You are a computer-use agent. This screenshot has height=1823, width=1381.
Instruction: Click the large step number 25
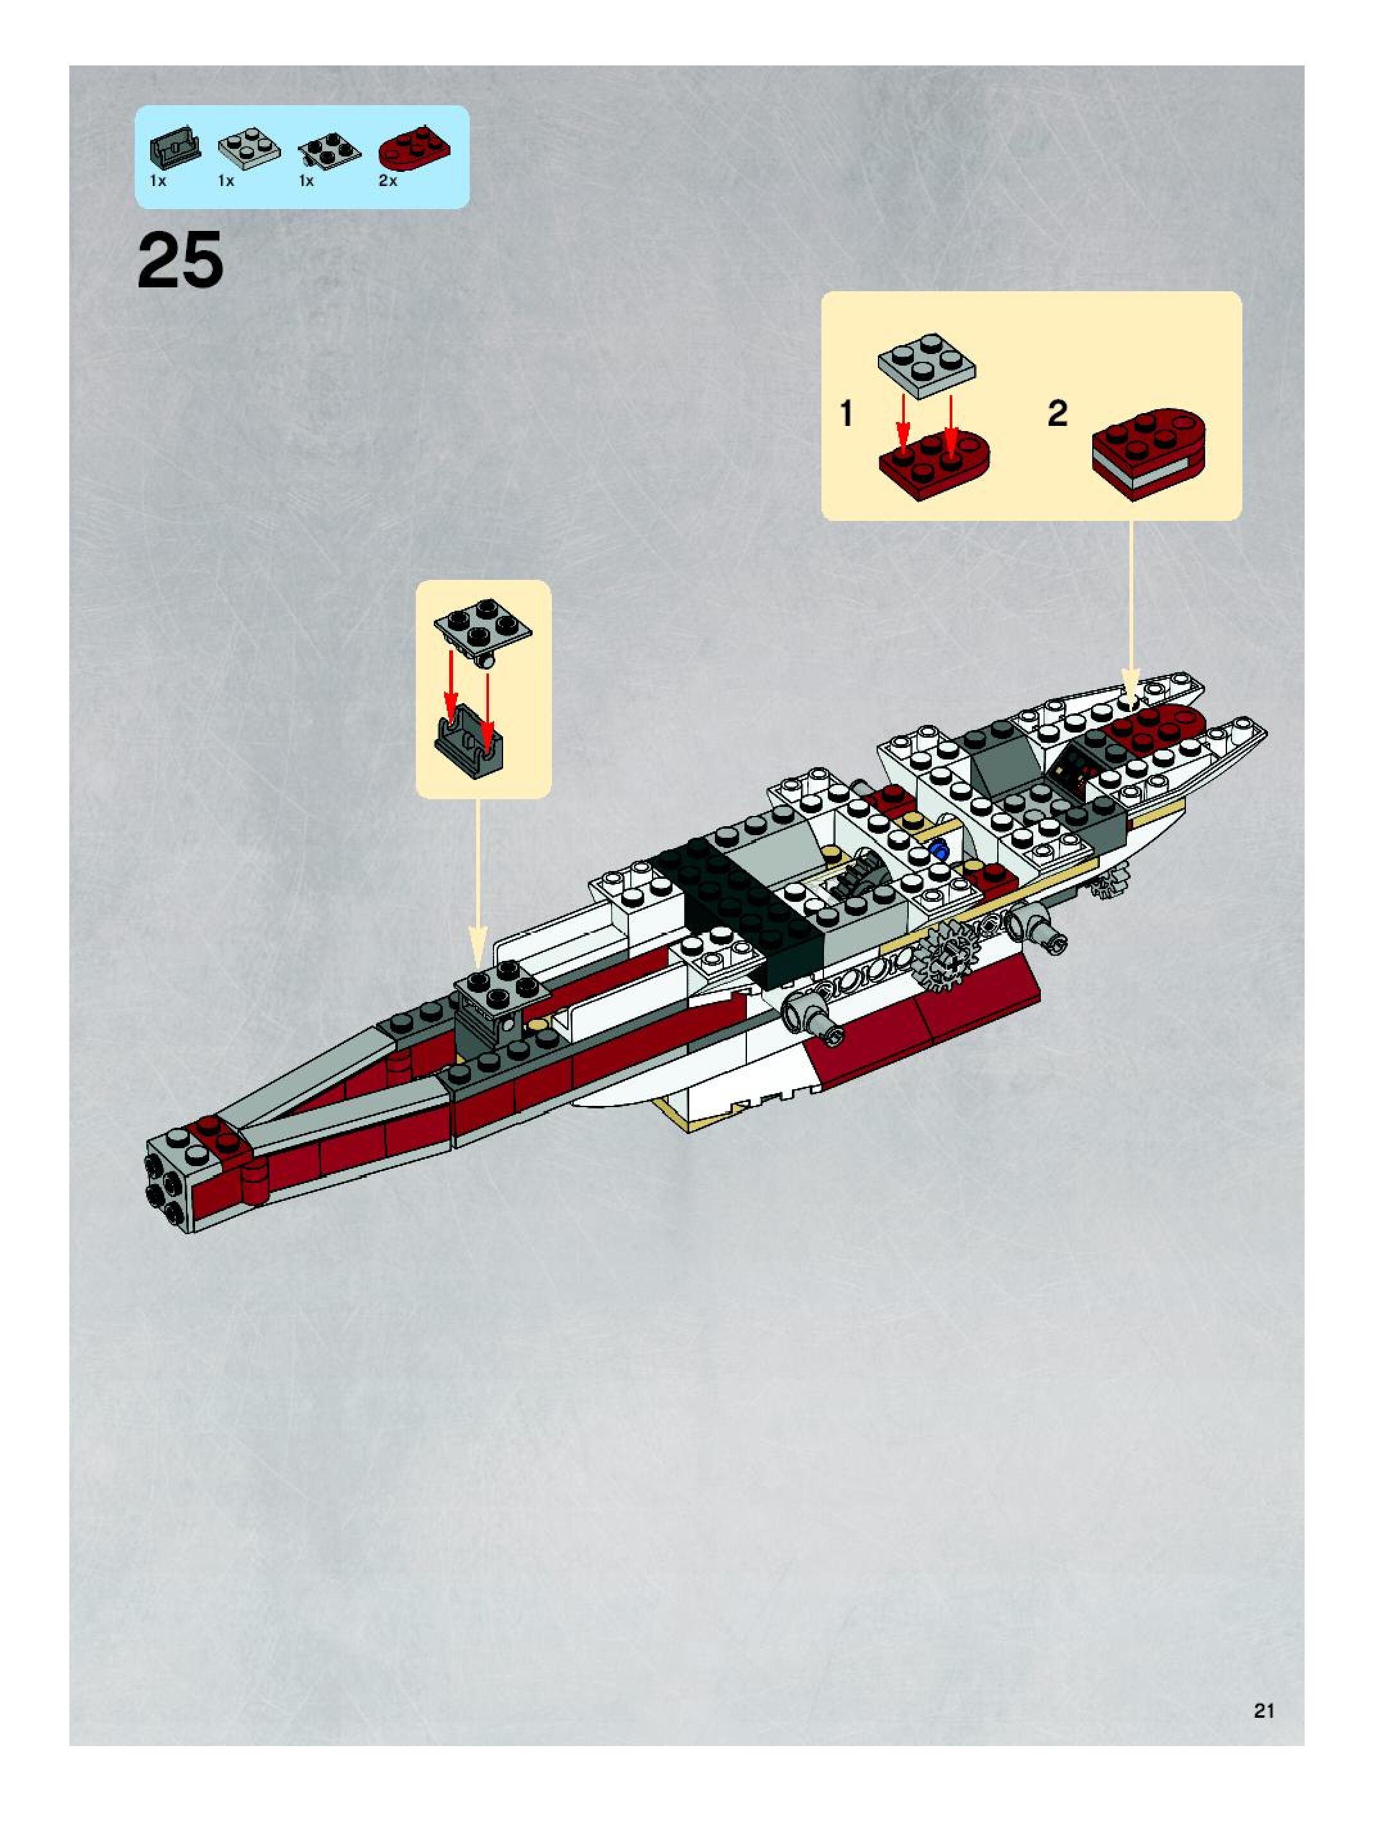click(x=180, y=260)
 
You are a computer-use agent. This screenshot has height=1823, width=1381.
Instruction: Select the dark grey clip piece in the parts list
click(x=175, y=148)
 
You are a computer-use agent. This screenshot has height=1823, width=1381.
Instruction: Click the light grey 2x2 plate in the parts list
click(x=249, y=148)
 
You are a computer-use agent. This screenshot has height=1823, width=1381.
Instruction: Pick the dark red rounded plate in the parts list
click(x=415, y=148)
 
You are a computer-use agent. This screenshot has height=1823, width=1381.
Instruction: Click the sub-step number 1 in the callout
click(x=846, y=413)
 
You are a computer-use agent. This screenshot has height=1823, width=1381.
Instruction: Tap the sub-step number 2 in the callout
click(x=1058, y=413)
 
